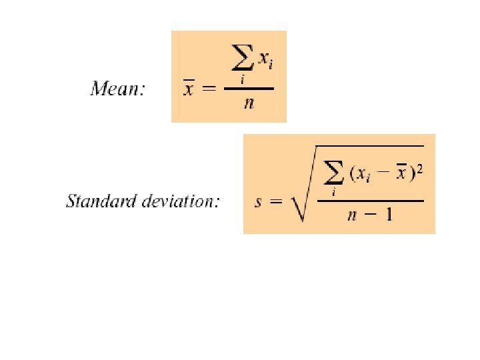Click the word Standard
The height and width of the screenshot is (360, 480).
click(99, 201)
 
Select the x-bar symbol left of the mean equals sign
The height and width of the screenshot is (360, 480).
click(188, 89)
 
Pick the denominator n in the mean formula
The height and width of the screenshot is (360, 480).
click(248, 105)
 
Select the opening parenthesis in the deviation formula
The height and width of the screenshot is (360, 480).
click(351, 175)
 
